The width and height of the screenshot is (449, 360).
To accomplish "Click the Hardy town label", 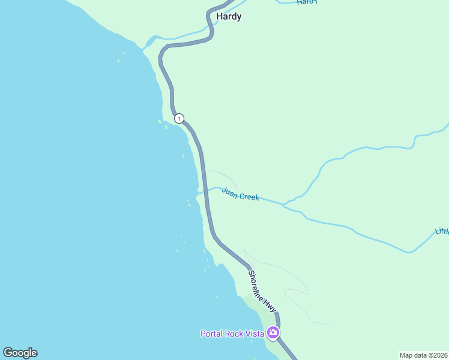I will [229, 16].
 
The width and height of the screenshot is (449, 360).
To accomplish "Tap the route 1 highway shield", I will [179, 118].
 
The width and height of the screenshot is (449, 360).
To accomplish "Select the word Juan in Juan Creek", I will [229, 193].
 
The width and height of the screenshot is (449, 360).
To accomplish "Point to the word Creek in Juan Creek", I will [249, 196].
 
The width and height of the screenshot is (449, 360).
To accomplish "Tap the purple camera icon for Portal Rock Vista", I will [273, 332].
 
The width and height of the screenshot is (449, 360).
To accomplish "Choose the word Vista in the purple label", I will [255, 334].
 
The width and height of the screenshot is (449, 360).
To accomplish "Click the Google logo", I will [20, 353].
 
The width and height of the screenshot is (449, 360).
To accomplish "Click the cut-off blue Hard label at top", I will [306, 2].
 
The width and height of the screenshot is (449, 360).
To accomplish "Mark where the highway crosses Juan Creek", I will [206, 190].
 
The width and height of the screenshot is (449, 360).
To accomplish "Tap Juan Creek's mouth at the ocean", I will [199, 193].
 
